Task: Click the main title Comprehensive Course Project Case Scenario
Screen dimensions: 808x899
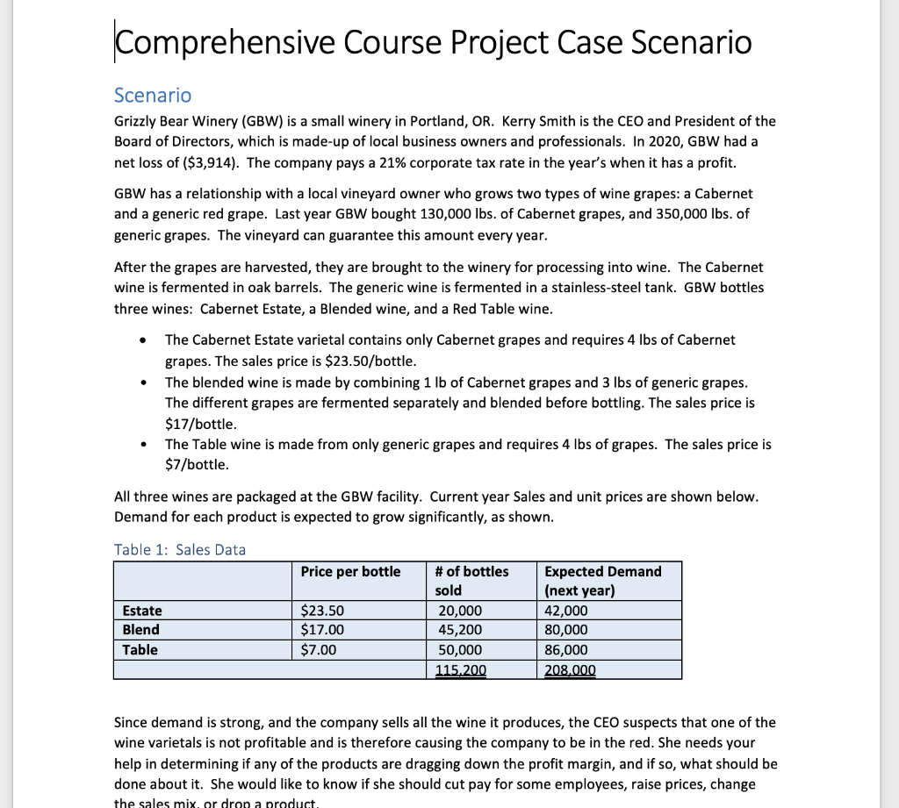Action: [433, 42]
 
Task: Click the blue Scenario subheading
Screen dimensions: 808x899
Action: [153, 95]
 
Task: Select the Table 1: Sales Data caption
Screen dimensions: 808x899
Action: [180, 549]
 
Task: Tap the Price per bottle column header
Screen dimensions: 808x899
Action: [350, 571]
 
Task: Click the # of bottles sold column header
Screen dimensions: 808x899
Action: [471, 580]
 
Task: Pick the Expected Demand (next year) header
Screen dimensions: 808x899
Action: [603, 580]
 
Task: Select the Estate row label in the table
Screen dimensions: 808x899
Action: [141, 611]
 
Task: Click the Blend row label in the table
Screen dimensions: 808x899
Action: [140, 630]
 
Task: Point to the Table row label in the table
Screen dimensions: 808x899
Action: [140, 649]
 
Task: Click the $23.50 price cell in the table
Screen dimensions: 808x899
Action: [323, 611]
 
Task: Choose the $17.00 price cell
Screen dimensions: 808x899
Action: [323, 630]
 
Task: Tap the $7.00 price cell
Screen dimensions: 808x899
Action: [319, 649]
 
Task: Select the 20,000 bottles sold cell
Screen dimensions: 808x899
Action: [458, 611]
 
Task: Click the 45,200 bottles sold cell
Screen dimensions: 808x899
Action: [458, 630]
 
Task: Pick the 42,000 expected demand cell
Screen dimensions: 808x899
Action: [567, 611]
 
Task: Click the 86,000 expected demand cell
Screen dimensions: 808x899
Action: [567, 649]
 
